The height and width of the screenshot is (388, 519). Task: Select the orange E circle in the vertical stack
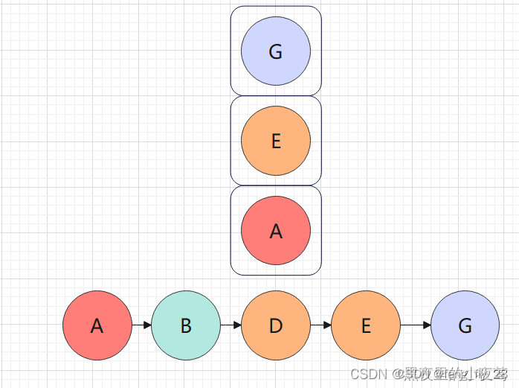point(276,141)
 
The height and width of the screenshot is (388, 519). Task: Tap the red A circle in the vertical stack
point(276,231)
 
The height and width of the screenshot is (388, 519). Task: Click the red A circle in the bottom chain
point(97,325)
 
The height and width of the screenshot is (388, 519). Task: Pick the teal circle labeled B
point(186,325)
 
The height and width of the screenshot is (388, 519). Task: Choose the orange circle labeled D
point(276,325)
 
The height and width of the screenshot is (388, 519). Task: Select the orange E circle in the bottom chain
point(365,325)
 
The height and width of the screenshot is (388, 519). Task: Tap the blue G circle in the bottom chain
point(465,325)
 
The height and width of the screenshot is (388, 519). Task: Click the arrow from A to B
point(141,325)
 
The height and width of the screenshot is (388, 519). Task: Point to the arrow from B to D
point(231,325)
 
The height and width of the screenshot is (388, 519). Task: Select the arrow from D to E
point(320,325)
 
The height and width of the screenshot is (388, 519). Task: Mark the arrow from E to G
point(416,325)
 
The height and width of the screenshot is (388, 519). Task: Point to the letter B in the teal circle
point(186,325)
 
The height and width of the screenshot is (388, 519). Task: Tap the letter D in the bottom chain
point(276,325)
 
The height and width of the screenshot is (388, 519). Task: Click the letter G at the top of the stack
point(276,52)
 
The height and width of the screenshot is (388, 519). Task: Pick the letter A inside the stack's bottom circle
point(276,232)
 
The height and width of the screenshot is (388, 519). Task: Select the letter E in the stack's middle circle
point(276,141)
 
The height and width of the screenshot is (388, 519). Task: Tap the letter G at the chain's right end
point(465,325)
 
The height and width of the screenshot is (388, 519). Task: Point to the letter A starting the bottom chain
point(97,325)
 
